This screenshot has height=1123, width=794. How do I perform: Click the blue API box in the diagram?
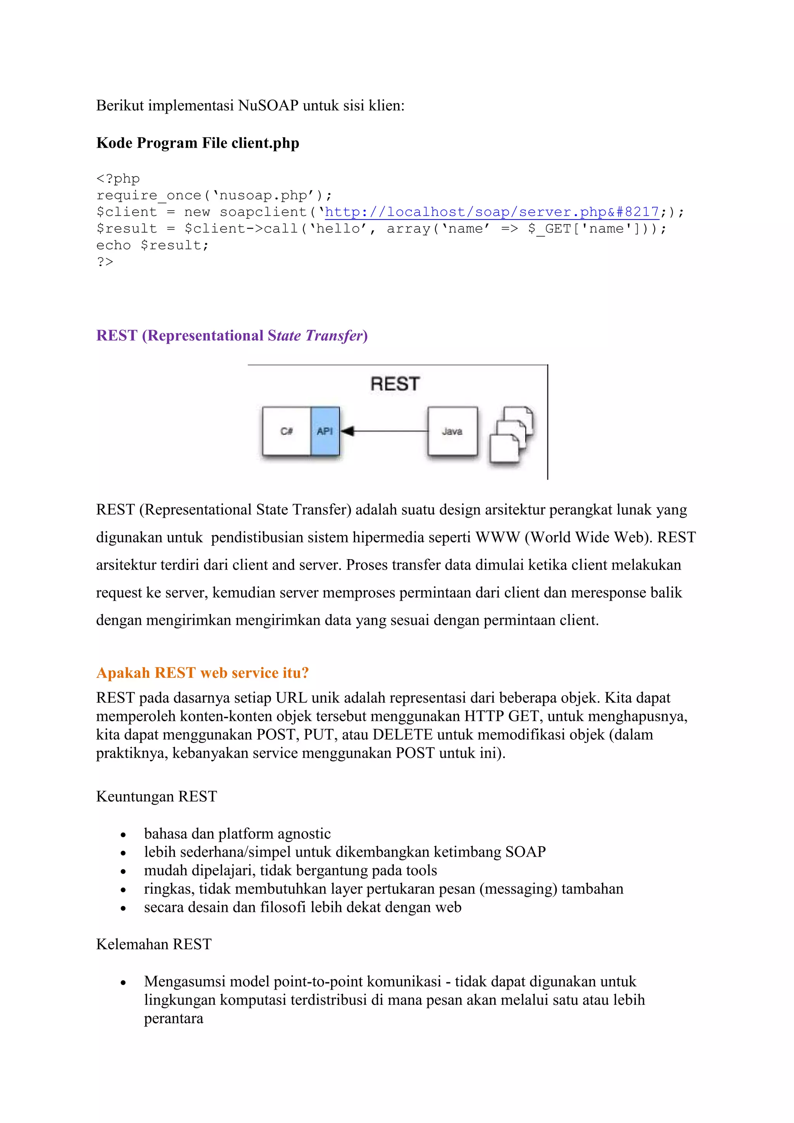click(x=325, y=431)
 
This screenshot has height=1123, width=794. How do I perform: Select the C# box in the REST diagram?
click(x=287, y=431)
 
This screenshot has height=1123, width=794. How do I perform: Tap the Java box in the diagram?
click(x=452, y=431)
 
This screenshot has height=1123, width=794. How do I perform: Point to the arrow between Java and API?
click(x=384, y=431)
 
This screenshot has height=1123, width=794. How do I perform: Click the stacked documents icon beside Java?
click(x=511, y=434)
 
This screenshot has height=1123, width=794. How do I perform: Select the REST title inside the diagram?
click(x=395, y=384)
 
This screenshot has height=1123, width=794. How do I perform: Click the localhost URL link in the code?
click(x=491, y=212)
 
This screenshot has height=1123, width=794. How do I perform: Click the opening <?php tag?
click(x=118, y=178)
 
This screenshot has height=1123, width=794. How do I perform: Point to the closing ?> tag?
click(x=105, y=262)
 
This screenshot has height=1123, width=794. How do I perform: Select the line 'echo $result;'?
click(x=152, y=245)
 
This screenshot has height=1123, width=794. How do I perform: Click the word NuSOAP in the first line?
click(x=268, y=105)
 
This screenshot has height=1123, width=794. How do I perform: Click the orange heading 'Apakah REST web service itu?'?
click(x=202, y=673)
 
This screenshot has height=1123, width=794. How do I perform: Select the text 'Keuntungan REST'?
click(x=157, y=796)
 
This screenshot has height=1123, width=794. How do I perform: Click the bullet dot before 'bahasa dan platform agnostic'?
click(x=123, y=835)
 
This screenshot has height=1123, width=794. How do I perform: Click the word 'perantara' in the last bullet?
click(x=174, y=1018)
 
